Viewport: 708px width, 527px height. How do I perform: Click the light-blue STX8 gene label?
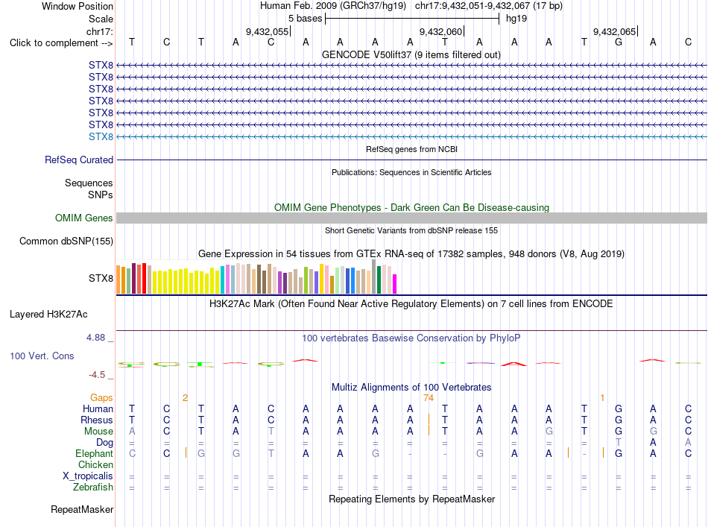coord(101,137)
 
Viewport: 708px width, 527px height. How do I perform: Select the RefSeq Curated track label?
coord(79,160)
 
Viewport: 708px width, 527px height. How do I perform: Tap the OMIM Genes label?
coord(84,218)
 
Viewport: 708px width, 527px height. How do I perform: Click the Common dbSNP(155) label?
coord(66,242)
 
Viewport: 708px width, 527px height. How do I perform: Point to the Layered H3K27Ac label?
coord(48,315)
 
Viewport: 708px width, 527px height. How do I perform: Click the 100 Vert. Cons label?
coord(42,356)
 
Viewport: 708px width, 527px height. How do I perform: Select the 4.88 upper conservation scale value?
coord(95,338)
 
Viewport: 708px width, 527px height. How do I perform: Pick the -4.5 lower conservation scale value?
coord(97,375)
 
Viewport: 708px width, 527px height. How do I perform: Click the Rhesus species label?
coord(97,420)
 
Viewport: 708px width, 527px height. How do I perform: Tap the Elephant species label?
coord(95,453)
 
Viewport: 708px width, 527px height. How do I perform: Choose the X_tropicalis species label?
coord(88,476)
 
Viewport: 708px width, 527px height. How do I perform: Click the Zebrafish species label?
coord(93,487)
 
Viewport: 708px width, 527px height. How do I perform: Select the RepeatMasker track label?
coord(82,509)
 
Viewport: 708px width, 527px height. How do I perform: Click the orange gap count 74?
coord(429,398)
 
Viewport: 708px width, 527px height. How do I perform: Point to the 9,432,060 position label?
coord(440,31)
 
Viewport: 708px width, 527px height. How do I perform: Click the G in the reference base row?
coord(619,42)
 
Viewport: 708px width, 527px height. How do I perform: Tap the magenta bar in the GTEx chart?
coord(394,284)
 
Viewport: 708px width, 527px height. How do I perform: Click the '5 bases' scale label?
coord(306,19)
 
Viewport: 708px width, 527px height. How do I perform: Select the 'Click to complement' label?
coord(61,43)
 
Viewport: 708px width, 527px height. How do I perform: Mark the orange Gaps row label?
coord(101,397)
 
